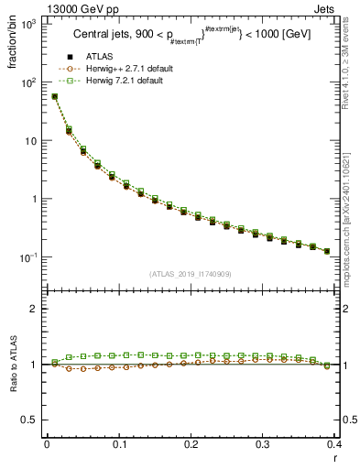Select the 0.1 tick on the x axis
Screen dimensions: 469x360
(119, 444)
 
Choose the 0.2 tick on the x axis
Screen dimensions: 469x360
(191, 444)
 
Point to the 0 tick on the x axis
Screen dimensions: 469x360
(47, 444)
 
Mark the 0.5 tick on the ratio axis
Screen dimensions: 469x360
(33, 420)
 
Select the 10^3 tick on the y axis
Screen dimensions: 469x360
(31, 25)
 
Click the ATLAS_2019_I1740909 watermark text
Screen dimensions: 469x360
(191, 274)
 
